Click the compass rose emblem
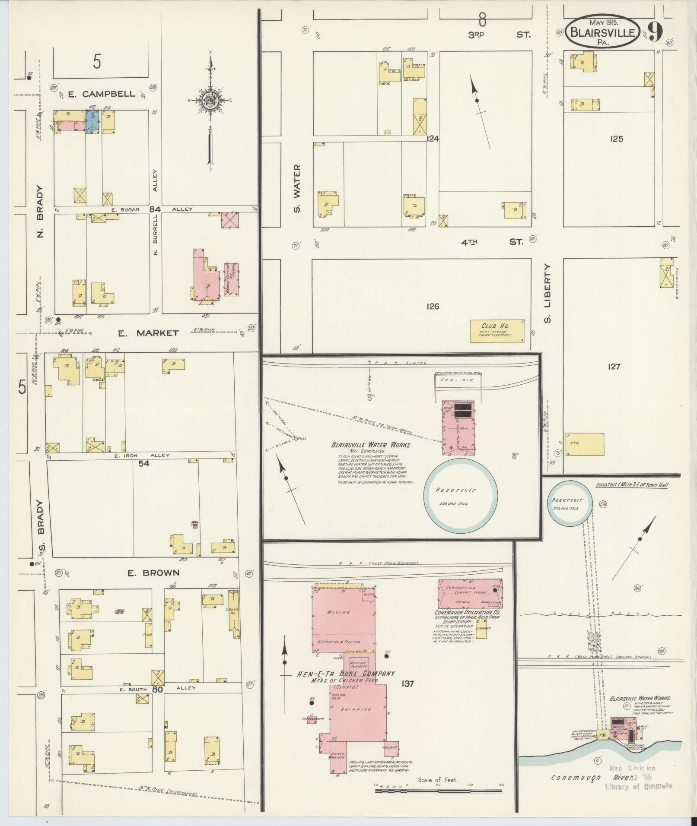coord(210,101)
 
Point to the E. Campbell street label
coord(102,94)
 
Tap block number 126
coord(432,307)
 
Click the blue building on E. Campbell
coord(92,120)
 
